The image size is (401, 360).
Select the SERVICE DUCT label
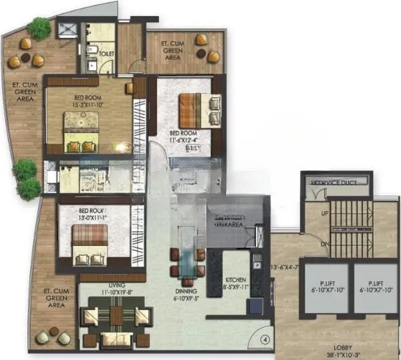(340, 181)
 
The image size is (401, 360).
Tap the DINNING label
(185, 292)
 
